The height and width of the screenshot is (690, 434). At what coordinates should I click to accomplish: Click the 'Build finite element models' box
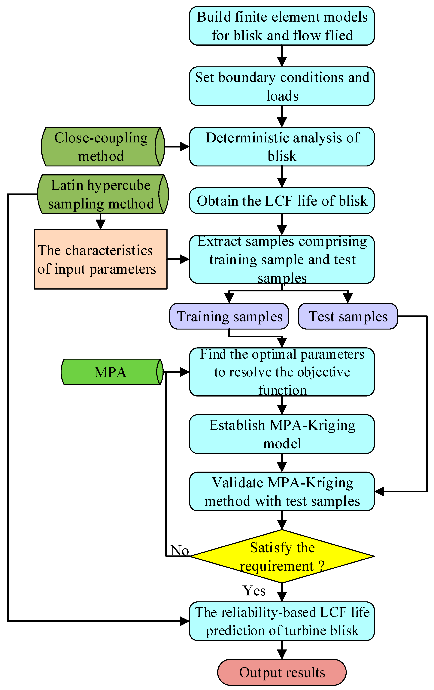point(282,26)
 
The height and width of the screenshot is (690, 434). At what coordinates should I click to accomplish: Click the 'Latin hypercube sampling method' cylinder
point(102,194)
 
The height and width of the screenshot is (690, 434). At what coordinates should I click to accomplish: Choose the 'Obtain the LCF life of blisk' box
point(282,201)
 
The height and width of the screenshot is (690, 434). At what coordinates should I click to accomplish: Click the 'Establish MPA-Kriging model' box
point(282,434)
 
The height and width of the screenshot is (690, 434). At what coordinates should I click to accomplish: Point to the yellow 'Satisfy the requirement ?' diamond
point(282,556)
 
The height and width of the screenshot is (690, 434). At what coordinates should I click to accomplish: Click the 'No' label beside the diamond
point(180,550)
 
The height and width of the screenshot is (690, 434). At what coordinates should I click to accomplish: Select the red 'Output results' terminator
point(282,672)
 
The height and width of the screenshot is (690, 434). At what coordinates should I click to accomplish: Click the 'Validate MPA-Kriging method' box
point(282,491)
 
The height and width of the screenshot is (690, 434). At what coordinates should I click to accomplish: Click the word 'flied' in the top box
point(339,35)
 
